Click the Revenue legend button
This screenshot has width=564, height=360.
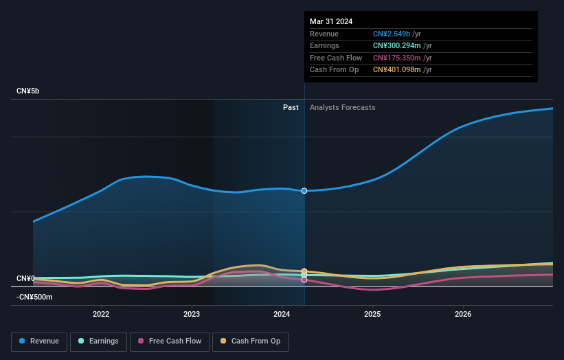39,341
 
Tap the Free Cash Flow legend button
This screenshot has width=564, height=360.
168,341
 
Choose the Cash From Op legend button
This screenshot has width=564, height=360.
250,341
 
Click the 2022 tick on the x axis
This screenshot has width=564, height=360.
101,314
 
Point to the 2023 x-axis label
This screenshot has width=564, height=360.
192,314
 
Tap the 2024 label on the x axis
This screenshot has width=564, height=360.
282,314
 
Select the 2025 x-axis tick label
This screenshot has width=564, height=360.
372,314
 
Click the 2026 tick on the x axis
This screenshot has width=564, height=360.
463,314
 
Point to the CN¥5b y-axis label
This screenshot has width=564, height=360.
28,91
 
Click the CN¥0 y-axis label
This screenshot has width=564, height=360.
25,278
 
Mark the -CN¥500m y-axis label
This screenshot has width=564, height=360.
35,297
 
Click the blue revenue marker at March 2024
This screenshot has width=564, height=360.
304,190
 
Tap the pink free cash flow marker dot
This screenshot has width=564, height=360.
304,280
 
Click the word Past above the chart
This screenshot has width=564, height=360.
291,107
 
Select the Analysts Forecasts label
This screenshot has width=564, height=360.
342,107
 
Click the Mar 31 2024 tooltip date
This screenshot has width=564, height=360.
331,21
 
